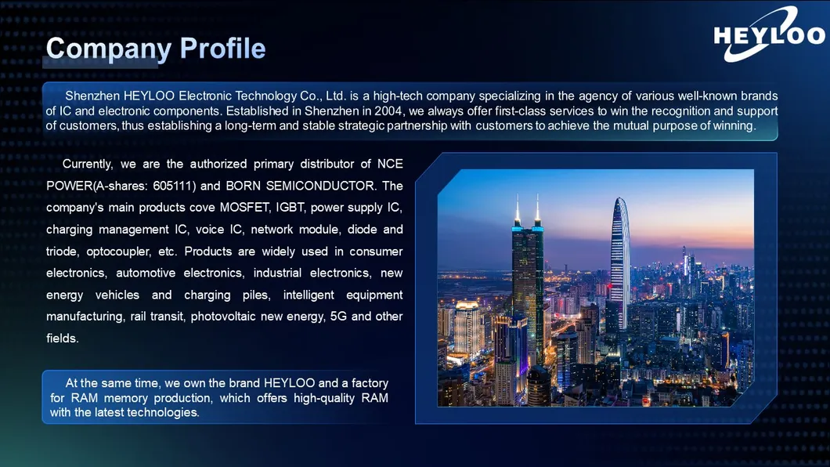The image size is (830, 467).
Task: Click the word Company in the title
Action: [x=109, y=49]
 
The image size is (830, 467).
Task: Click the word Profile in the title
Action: [x=223, y=48]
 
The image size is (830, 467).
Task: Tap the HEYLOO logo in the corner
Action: [x=769, y=34]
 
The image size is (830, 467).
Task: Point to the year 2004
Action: [x=388, y=111]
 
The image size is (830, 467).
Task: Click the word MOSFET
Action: [x=245, y=208]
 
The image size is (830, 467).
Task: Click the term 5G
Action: [x=338, y=317]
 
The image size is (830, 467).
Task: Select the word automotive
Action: [x=146, y=273]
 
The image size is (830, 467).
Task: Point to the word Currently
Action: [x=88, y=165]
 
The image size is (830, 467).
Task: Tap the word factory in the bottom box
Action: [x=370, y=383]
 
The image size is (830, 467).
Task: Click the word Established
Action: [x=258, y=111]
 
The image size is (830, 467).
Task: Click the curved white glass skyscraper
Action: [x=620, y=264]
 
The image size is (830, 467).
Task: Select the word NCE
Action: [x=390, y=164]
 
